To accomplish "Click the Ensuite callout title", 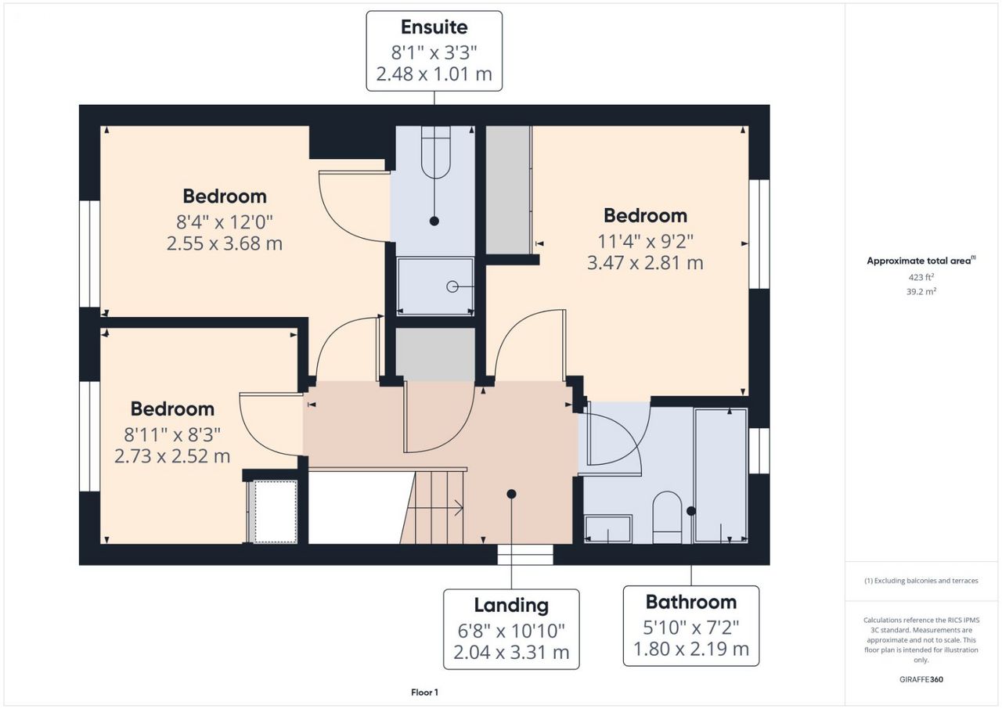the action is (x=434, y=27).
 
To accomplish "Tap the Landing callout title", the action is (x=511, y=606).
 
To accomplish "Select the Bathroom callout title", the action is (x=691, y=602).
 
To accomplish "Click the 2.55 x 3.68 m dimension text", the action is (x=225, y=243).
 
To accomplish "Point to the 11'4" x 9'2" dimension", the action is (x=646, y=242).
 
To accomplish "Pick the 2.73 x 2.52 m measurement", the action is (x=172, y=456).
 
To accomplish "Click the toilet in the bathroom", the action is (x=667, y=517).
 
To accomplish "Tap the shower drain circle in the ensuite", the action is (x=452, y=286).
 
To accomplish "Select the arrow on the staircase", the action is (x=434, y=508).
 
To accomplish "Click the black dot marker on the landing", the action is (x=511, y=494).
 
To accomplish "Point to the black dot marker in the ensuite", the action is (x=434, y=221).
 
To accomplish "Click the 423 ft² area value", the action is (x=921, y=277).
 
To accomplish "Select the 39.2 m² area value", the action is (x=921, y=292).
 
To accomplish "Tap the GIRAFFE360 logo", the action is (x=921, y=679).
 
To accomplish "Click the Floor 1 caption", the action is (x=424, y=693).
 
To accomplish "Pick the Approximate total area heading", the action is (x=921, y=261).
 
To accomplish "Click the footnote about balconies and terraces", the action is (x=921, y=581).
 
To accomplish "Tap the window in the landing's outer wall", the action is (x=525, y=555).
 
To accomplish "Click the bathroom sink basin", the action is (x=608, y=529).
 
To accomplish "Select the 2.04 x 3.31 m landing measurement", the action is (x=511, y=653).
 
